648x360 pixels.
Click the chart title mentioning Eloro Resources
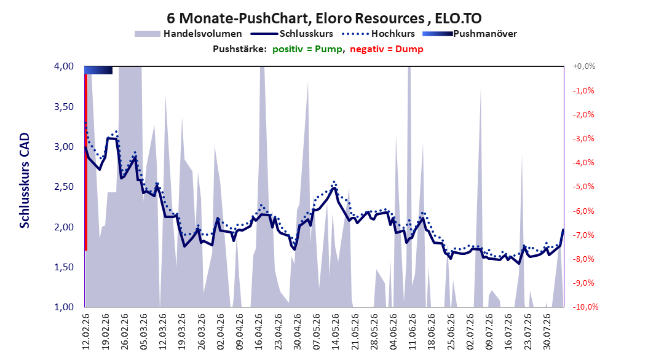coord(324,18)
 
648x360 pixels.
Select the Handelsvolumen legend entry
coord(188,34)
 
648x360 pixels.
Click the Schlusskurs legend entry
coord(292,34)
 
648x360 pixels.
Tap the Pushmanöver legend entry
coord(470,34)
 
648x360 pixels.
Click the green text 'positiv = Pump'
coord(307,49)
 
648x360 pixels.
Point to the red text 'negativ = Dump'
coord(387,49)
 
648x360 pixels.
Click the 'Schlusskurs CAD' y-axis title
coord(25,180)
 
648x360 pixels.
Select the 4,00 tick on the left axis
coord(64,66)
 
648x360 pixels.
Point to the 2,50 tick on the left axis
coord(64,187)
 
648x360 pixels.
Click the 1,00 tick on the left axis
coord(64,307)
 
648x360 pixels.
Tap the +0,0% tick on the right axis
coord(584,66)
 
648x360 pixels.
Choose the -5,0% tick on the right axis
coord(584,187)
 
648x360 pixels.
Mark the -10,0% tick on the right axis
coord(585,307)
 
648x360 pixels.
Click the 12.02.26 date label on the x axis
coord(86,332)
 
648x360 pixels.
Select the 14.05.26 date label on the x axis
coord(335,332)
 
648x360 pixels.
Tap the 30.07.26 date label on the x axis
coord(547,332)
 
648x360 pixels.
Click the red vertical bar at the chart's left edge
coord(86,162)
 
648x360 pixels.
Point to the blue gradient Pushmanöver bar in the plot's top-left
coord(98,70)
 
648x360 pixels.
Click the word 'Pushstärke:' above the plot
coord(240,49)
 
